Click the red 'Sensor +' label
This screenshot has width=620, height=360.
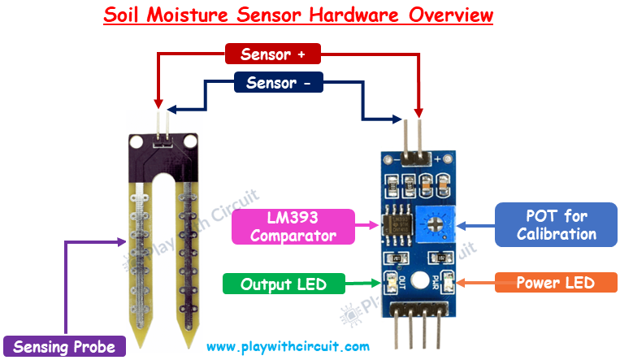[272, 54]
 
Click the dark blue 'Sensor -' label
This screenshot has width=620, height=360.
[278, 83]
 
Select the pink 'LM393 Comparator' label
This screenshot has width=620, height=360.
[293, 228]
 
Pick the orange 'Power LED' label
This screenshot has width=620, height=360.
[555, 283]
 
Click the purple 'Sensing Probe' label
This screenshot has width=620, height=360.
[64, 346]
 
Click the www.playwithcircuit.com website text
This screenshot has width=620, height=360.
[288, 346]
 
